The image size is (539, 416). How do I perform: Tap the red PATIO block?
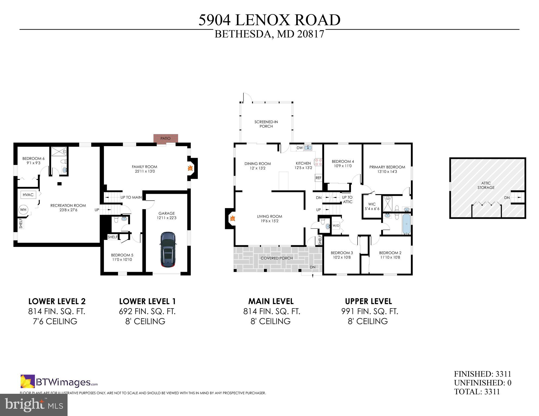point(165,138)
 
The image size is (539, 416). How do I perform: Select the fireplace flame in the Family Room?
point(190,168)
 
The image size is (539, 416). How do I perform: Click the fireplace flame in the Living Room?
point(232,218)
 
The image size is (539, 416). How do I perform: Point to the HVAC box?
point(28,195)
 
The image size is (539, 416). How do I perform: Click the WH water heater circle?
point(23,210)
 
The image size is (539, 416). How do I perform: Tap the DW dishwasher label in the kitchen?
point(299,148)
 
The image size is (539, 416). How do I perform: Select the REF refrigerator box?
point(318,178)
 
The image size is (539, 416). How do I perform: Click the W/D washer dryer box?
point(336,225)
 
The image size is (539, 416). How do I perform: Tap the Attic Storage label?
point(486,185)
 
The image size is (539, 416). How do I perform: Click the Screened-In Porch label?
point(266,124)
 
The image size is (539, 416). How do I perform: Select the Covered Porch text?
point(276,258)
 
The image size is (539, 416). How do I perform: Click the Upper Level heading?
point(368,301)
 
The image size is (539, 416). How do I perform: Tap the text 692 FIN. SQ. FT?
point(147,312)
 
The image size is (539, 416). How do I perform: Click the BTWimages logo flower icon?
point(28,381)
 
